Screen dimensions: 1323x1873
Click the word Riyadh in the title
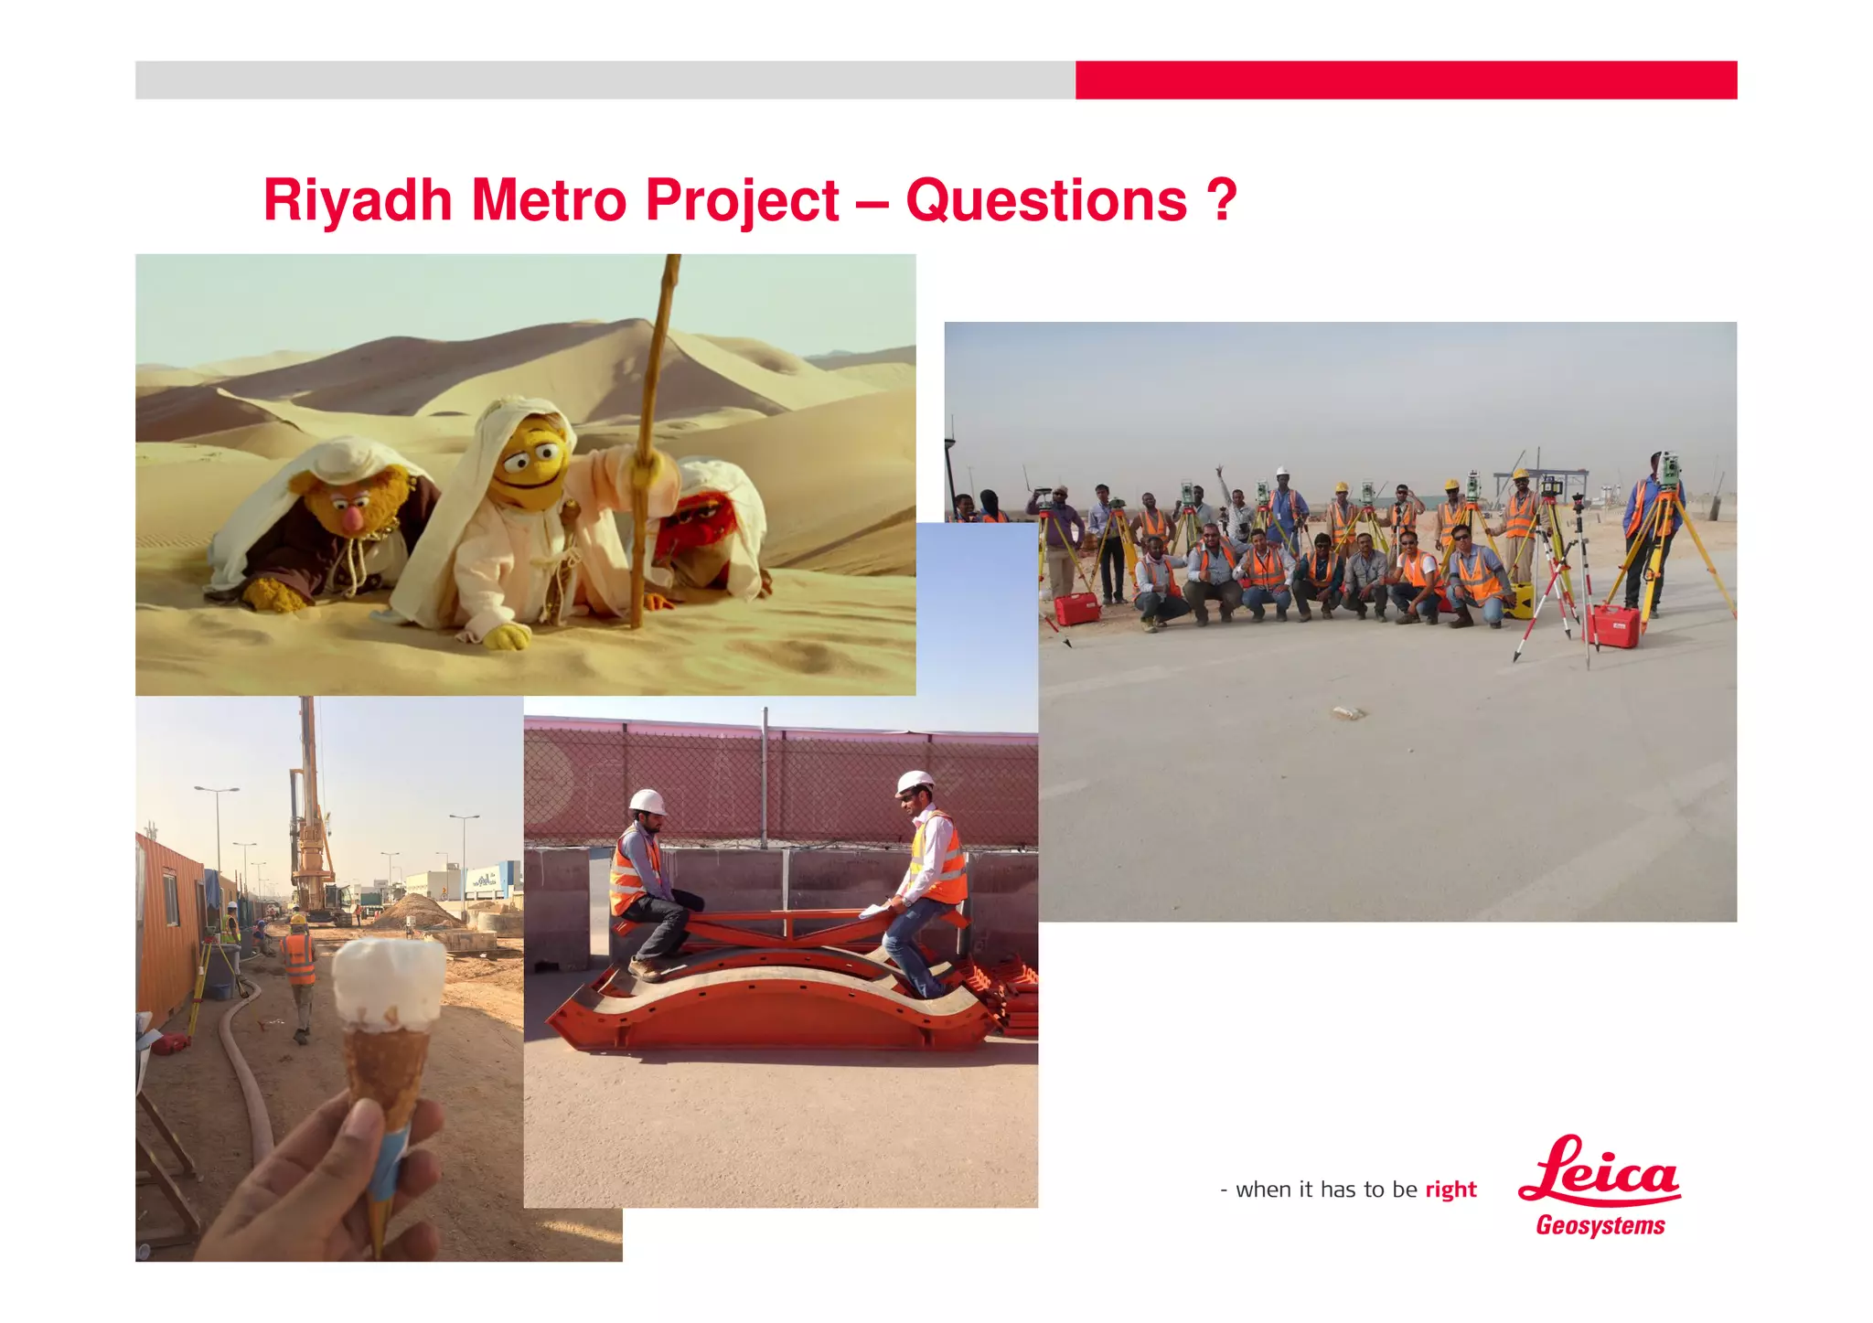click(x=358, y=200)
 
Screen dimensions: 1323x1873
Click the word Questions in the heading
click(x=1046, y=200)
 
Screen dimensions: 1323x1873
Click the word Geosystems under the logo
click(x=1600, y=1226)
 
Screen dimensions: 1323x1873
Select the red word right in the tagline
click(x=1450, y=1190)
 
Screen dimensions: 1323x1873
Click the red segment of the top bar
click(x=1406, y=80)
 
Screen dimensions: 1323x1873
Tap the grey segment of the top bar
click(x=605, y=80)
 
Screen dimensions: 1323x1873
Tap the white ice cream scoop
click(x=389, y=983)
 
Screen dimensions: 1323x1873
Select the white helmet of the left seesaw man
click(x=648, y=802)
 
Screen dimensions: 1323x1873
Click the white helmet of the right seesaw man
click(x=914, y=783)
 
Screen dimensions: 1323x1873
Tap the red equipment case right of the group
click(x=1614, y=626)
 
